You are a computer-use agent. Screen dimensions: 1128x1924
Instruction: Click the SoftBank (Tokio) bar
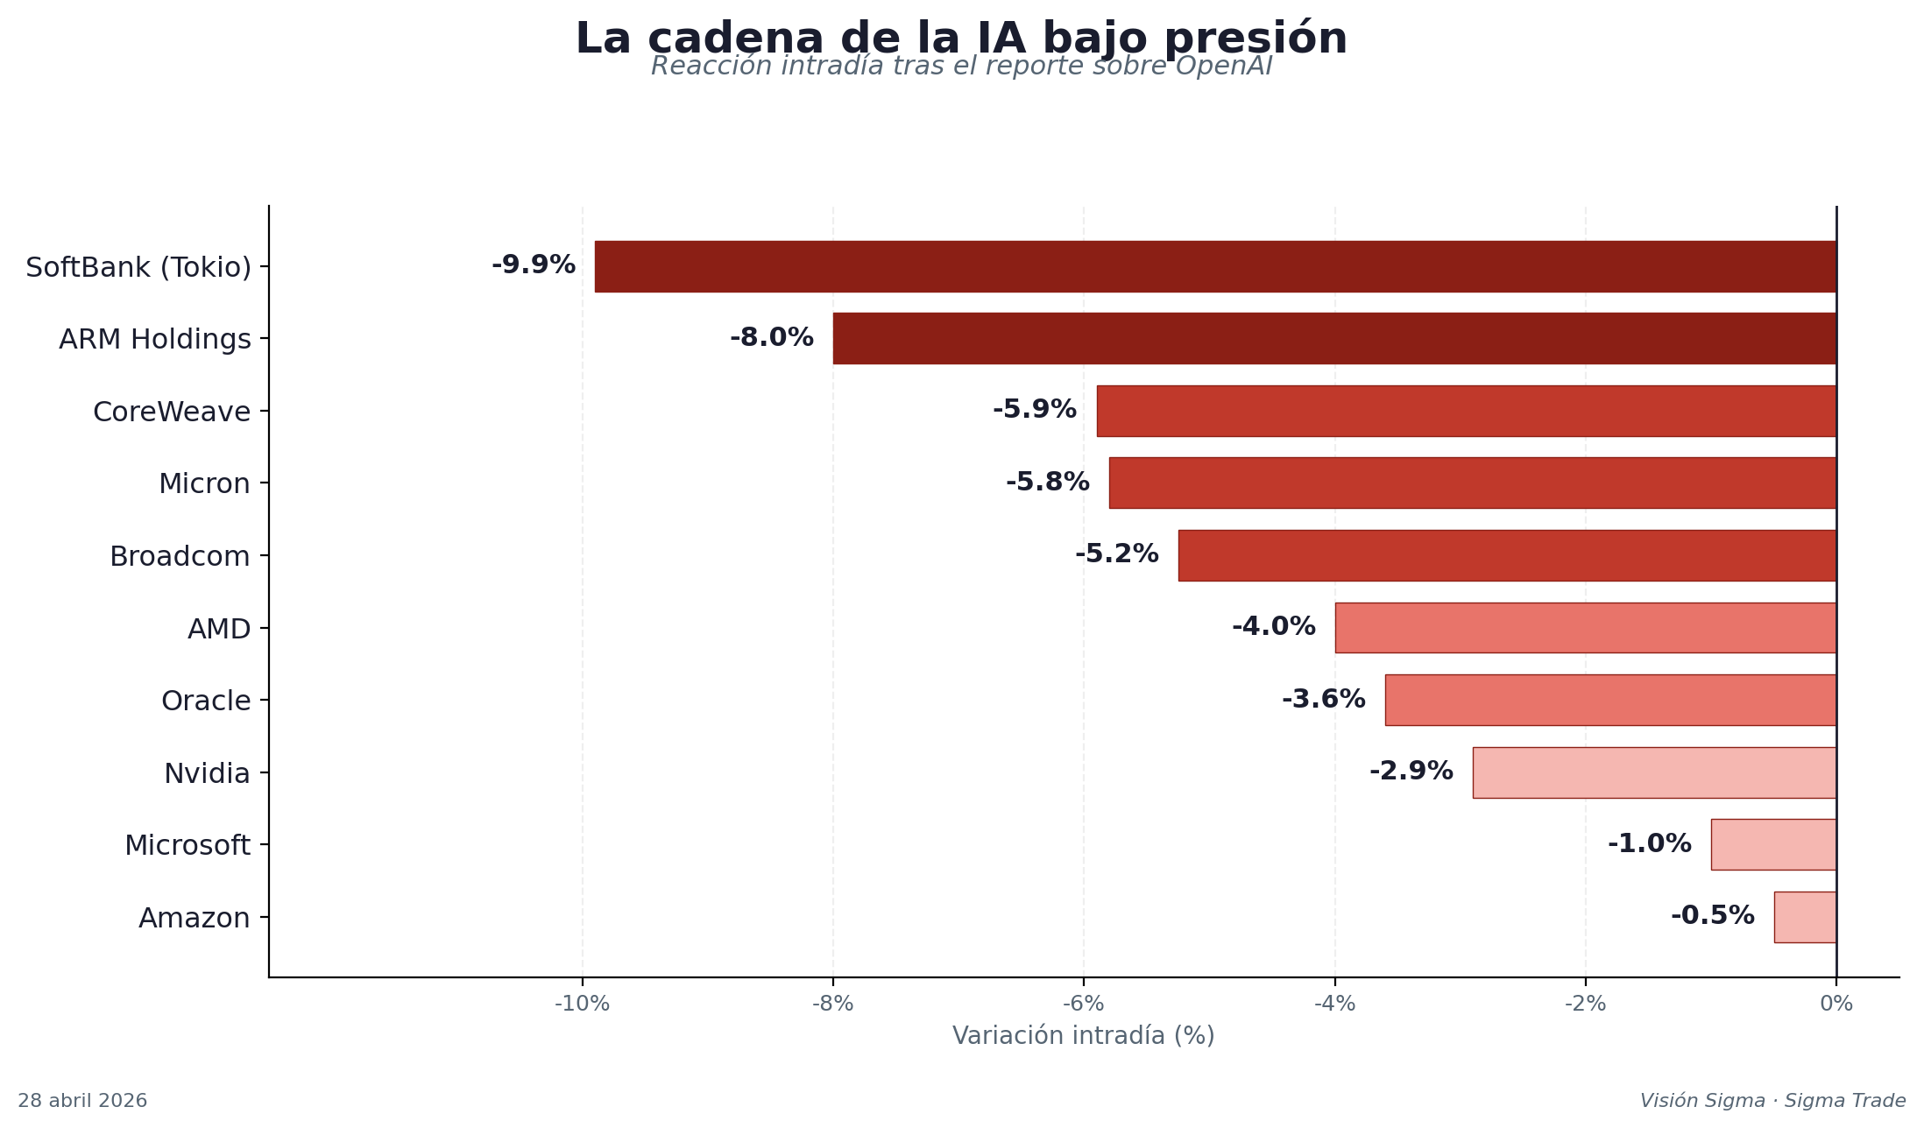click(1215, 266)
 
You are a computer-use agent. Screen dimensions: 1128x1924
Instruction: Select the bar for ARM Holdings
click(1334, 338)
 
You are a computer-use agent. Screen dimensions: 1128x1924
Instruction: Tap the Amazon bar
click(1805, 917)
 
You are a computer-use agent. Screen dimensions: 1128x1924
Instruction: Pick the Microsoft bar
click(1773, 844)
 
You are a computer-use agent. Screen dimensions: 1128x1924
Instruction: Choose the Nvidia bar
click(1654, 772)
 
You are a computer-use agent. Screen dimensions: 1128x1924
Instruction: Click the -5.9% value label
click(1034, 410)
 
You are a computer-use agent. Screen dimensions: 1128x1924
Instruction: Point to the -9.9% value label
click(533, 265)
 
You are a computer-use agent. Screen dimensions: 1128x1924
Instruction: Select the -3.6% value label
click(1323, 700)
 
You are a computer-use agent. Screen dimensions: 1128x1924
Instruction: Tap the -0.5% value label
click(1712, 916)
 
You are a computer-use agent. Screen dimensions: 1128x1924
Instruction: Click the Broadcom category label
click(180, 557)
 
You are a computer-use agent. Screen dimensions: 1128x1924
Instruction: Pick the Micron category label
click(204, 484)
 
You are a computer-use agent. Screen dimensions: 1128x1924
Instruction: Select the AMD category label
click(219, 630)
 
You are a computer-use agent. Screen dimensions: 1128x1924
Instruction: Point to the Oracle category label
click(206, 701)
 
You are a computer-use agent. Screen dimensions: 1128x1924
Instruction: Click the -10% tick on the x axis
click(582, 1005)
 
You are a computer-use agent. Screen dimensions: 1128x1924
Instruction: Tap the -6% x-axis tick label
click(1083, 1005)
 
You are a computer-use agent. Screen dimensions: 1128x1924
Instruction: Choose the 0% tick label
click(1836, 1005)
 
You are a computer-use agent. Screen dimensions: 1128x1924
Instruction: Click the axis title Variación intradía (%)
click(1083, 1036)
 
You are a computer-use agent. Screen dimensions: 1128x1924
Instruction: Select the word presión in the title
click(1268, 39)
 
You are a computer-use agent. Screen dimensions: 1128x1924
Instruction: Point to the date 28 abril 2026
click(82, 1101)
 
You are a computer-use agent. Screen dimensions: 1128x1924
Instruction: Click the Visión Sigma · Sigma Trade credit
click(1772, 1101)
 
